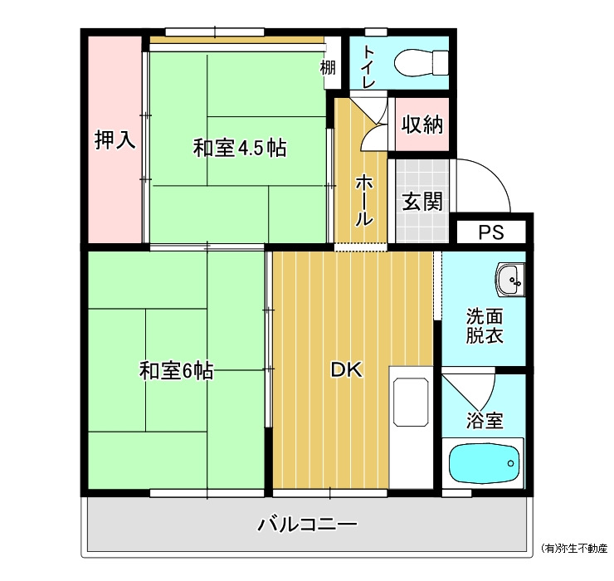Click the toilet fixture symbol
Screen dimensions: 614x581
[x=422, y=63]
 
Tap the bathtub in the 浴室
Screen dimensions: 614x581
[x=485, y=463]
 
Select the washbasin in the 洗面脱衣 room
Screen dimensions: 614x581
[x=509, y=280]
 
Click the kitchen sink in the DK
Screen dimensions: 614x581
[x=411, y=402]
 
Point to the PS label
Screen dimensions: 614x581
[x=491, y=232]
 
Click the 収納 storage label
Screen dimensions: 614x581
[x=422, y=124]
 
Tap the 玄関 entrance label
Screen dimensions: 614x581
[x=422, y=202]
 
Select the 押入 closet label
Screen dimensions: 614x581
[x=115, y=139]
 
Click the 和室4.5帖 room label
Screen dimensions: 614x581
[x=240, y=148]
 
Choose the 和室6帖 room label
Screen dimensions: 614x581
[x=176, y=370]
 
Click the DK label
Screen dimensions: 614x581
[x=347, y=369]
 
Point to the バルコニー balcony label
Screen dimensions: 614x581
[x=307, y=525]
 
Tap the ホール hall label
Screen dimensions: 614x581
[x=363, y=201]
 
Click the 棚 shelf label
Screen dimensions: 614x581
[x=328, y=67]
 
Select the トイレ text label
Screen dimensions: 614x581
[x=369, y=66]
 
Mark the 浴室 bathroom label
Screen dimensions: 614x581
[x=485, y=420]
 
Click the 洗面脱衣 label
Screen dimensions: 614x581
[x=484, y=326]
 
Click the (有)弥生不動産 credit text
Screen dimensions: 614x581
[x=573, y=548]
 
